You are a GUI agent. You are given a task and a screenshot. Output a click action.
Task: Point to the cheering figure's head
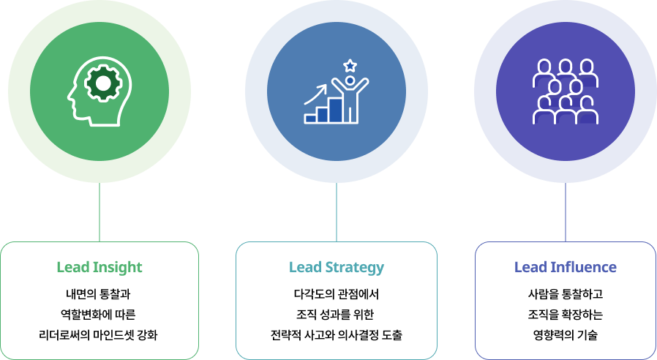[x=350, y=80]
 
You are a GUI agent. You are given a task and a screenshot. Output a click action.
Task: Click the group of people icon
[x=565, y=91]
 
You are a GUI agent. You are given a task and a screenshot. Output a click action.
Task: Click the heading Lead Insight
[x=100, y=267]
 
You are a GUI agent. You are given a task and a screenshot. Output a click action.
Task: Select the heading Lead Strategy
[x=337, y=267]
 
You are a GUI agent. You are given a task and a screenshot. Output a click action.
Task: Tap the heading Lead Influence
[x=566, y=267]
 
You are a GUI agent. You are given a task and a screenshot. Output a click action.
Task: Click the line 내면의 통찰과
[x=99, y=295]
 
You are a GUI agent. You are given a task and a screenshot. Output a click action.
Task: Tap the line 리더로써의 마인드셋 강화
[x=99, y=336]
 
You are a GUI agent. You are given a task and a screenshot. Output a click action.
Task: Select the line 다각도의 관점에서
[x=337, y=295]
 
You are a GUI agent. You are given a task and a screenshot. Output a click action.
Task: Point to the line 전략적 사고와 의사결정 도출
[x=337, y=336]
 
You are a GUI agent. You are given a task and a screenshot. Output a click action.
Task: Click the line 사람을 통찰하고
[x=566, y=295]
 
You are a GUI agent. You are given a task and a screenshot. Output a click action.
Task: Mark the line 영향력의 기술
[x=566, y=336]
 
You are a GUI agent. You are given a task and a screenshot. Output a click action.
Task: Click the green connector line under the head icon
[x=100, y=212]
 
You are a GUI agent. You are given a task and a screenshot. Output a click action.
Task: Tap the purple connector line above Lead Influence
[x=566, y=212]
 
